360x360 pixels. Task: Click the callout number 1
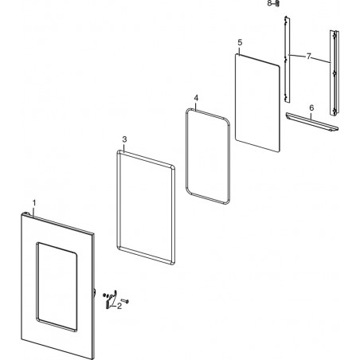point(34,203)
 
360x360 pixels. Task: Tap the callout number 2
point(119,306)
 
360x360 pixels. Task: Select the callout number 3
point(124,139)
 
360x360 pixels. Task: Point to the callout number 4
point(196,98)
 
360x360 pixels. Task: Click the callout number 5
point(240,42)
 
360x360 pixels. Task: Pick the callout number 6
point(311,108)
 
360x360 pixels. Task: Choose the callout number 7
point(308,57)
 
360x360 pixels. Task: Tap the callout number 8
point(269,3)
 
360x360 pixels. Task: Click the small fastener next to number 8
point(277,4)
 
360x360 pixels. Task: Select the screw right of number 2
point(125,300)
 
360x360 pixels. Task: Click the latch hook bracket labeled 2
point(112,299)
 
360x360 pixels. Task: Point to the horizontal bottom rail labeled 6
point(312,122)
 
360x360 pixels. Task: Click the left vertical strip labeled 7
point(287,60)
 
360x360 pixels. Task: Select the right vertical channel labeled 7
point(335,72)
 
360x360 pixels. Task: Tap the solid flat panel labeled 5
point(257,103)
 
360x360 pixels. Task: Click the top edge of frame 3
point(146,158)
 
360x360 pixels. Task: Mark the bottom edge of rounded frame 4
point(208,198)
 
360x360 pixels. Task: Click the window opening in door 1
point(57,287)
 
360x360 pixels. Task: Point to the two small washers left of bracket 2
point(105,295)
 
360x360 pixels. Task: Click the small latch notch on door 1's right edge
point(95,292)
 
